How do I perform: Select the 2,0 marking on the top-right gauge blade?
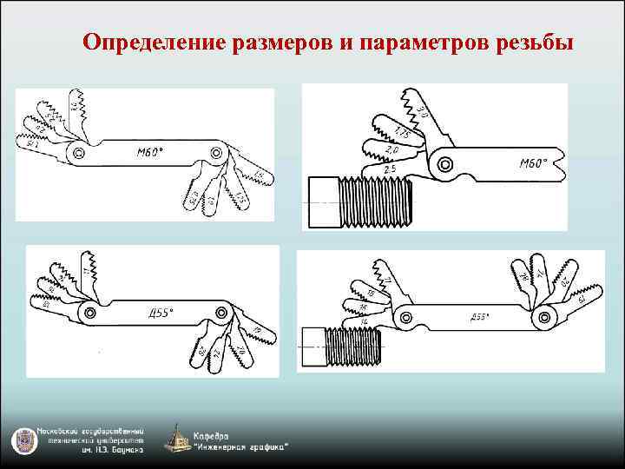(392, 150)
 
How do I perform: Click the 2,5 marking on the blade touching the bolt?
(389, 168)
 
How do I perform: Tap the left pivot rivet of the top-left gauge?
(79, 153)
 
